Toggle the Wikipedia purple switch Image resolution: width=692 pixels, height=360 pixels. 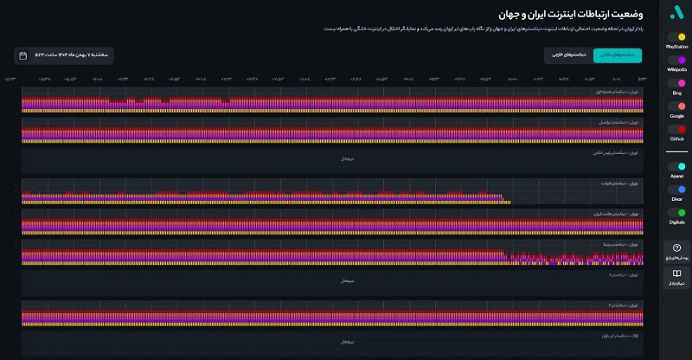[x=676, y=60]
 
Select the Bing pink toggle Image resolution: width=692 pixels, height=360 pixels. [x=676, y=83]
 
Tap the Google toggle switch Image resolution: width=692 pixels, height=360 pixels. [x=676, y=106]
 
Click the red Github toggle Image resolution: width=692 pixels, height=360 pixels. [x=676, y=129]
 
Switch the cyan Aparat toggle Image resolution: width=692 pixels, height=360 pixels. [x=676, y=165]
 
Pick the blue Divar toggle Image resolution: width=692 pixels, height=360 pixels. [x=676, y=189]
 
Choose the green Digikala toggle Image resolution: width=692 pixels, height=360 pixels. [x=676, y=212]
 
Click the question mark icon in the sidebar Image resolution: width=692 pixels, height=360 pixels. [x=676, y=247]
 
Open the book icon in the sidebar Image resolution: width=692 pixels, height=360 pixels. [x=676, y=274]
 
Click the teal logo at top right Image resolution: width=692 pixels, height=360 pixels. [x=676, y=13]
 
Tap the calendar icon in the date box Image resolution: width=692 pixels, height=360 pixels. [x=22, y=55]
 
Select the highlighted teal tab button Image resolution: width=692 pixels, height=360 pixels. [x=618, y=55]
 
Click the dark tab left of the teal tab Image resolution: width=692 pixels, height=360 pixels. [x=568, y=55]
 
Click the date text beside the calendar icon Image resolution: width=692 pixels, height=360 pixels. [x=73, y=55]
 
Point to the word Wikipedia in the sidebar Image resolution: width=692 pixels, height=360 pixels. [x=676, y=69]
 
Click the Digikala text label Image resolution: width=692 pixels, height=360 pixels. [x=676, y=222]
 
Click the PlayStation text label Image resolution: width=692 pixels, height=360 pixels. [x=676, y=46]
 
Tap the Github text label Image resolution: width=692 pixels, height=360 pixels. [x=676, y=138]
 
